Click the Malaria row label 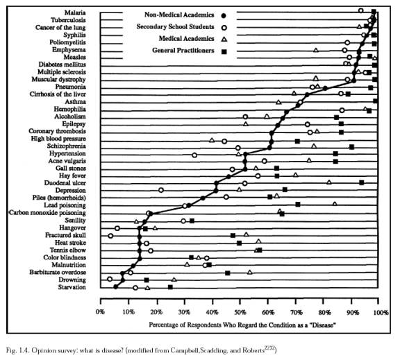point(75,12)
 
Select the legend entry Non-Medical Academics point(179,15)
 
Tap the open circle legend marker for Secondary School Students point(224,28)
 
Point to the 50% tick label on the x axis point(240,312)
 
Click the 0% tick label point(100,312)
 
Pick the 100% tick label point(381,312)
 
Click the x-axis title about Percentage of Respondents point(242,325)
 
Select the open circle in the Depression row point(161,190)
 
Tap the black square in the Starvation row point(170,287)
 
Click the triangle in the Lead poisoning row point(335,203)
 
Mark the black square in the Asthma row point(375,101)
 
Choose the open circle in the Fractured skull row point(110,236)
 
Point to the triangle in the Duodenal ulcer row point(329,182)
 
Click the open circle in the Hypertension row point(194,155)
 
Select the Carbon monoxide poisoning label point(47,213)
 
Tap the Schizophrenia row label point(67,146)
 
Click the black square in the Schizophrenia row point(352,147)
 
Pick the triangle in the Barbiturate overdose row point(250,272)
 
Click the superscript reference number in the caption point(270,348)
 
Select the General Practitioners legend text point(183,51)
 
